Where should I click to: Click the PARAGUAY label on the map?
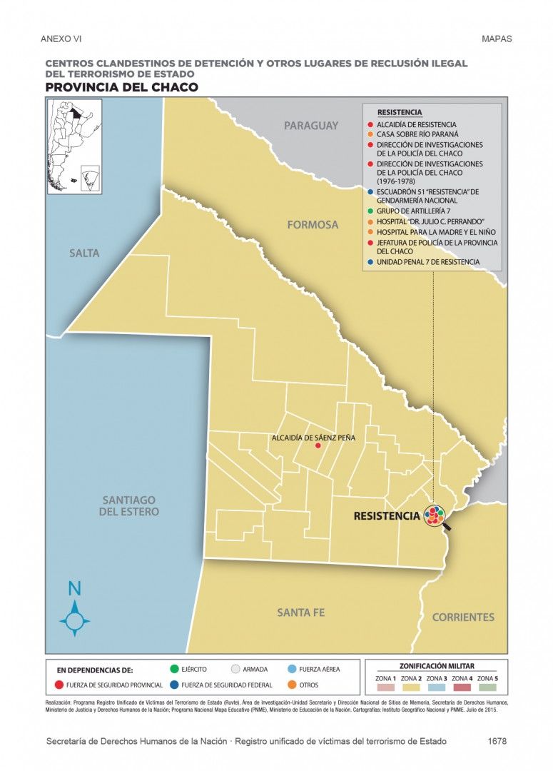[311, 126]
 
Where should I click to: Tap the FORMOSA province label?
[313, 225]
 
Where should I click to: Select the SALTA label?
[84, 253]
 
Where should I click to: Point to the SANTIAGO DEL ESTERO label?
[129, 506]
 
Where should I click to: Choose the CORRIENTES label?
[463, 617]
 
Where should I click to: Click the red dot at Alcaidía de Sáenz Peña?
[318, 446]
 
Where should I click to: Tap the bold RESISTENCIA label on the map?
[387, 515]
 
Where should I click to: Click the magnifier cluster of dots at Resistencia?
[435, 515]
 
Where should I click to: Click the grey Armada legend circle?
[235, 670]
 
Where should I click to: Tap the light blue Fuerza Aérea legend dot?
[293, 670]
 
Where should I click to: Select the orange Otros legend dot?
[293, 685]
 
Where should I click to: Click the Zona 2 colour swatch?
[411, 688]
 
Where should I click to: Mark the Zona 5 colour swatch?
[487, 688]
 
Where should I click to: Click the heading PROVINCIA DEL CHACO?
[121, 87]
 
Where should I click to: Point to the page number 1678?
[497, 742]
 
